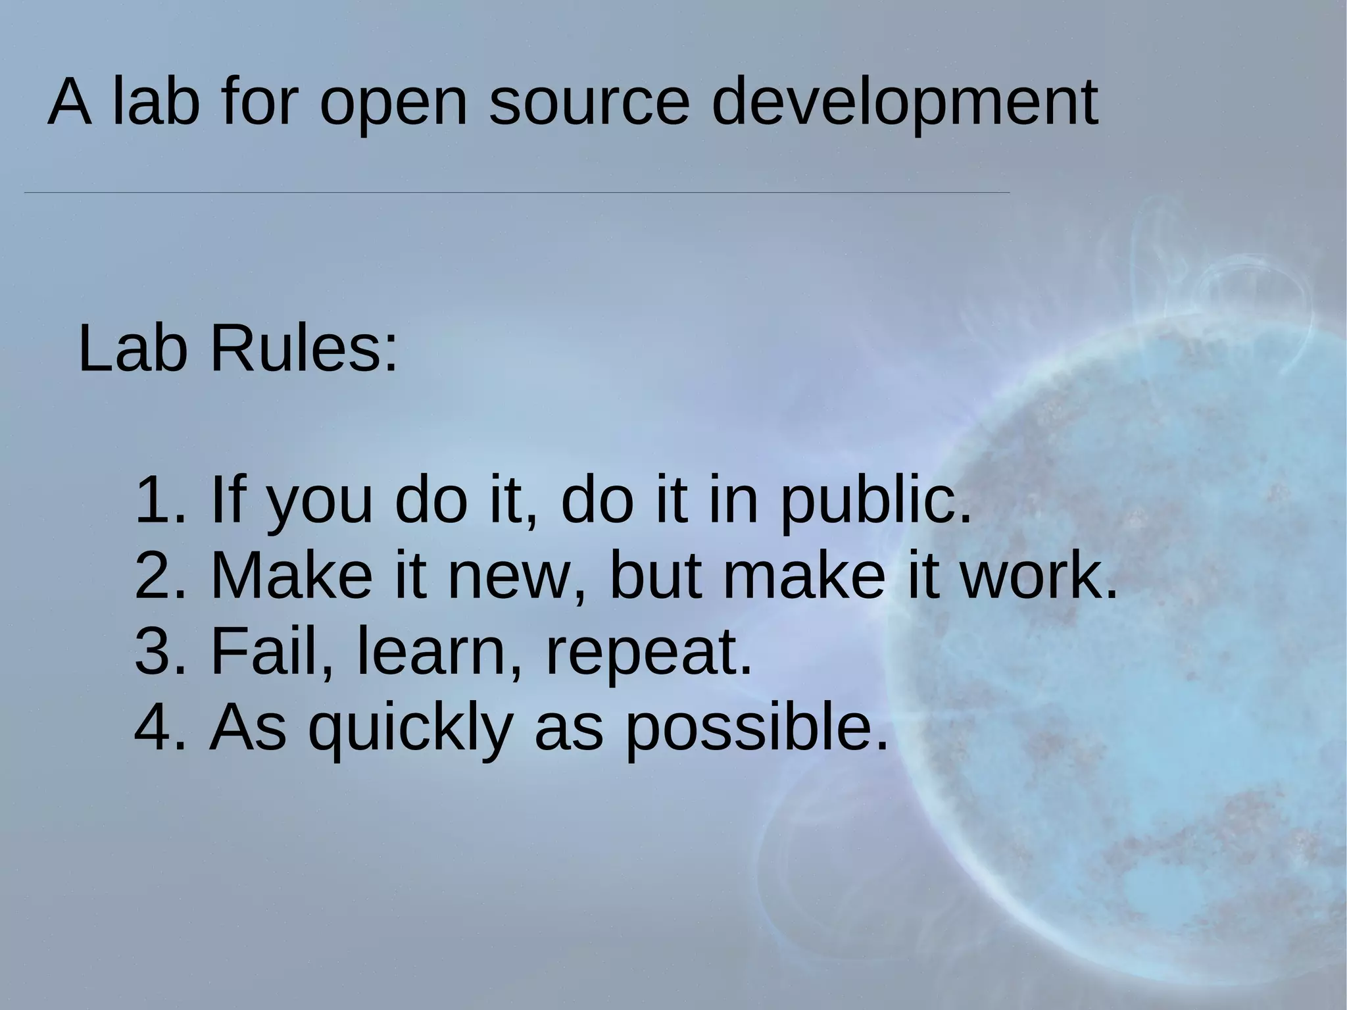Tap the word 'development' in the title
[904, 103]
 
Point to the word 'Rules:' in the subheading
[304, 349]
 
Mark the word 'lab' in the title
[156, 103]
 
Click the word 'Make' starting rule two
[291, 576]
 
